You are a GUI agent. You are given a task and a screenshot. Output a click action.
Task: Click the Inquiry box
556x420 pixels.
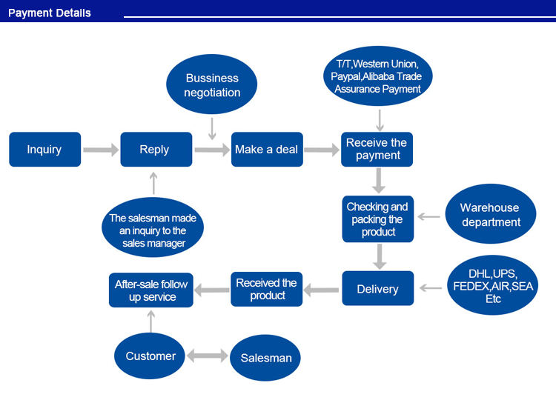[x=45, y=149]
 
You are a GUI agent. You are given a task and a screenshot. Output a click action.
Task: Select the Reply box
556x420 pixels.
[x=156, y=149]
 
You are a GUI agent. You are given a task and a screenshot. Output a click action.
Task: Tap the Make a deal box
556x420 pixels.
[x=267, y=149]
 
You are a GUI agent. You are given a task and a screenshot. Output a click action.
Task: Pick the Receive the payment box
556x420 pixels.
[x=377, y=149]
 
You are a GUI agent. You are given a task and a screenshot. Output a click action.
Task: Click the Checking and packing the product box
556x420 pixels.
[x=378, y=219]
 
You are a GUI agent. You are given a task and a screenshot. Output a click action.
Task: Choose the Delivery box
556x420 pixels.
[x=378, y=288]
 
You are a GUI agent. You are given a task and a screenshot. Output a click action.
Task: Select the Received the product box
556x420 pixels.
[x=267, y=289]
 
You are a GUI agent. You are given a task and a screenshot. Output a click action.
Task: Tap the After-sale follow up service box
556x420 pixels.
[x=151, y=290]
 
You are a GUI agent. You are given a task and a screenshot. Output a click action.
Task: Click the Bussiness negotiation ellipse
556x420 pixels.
[x=212, y=84]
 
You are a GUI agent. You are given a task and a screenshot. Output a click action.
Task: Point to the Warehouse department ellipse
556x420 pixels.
[x=491, y=214]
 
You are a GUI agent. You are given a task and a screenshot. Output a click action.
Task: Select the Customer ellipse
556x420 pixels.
[x=150, y=356]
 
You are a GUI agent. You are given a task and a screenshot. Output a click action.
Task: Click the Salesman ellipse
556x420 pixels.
[x=265, y=358]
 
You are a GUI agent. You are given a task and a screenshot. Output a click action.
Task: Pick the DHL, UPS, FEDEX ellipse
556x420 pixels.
[x=492, y=285]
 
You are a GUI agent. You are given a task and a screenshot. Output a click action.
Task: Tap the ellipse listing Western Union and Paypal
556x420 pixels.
[x=378, y=76]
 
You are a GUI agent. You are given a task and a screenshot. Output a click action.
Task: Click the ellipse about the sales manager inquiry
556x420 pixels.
[x=153, y=227]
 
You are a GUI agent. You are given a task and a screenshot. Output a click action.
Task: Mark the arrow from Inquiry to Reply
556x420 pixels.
[x=101, y=150]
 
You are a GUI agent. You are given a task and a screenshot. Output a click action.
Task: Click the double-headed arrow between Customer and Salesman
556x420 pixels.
[x=208, y=356]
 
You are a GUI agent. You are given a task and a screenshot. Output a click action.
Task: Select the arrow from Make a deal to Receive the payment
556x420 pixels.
[x=322, y=150]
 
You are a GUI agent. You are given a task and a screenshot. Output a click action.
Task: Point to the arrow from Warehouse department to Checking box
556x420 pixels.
[x=429, y=216]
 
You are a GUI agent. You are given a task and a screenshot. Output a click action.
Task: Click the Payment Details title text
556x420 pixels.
[x=50, y=13]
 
